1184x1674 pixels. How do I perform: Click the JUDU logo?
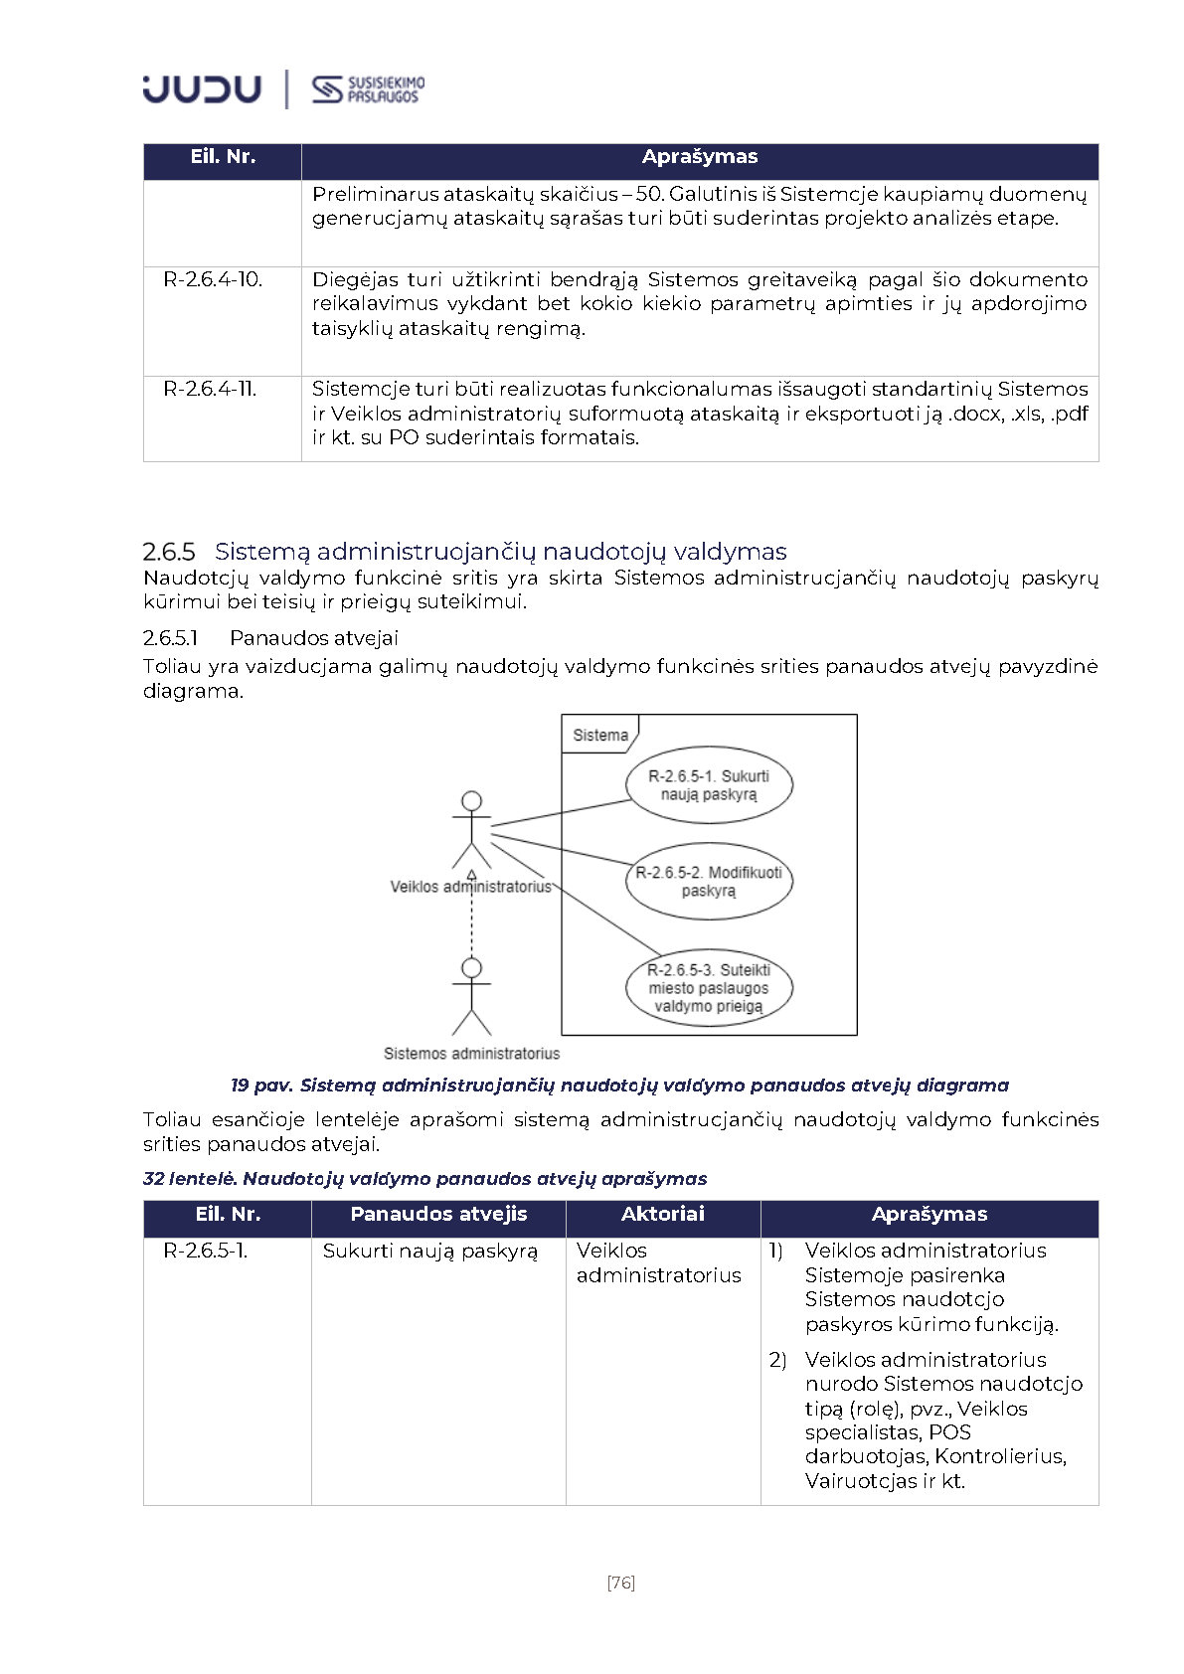pos(202,88)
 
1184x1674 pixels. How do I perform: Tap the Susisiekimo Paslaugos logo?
pos(368,89)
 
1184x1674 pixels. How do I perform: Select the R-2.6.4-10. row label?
pos(213,280)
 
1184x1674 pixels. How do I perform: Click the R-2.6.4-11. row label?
pos(210,390)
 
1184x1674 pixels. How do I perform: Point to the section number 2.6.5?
pos(169,552)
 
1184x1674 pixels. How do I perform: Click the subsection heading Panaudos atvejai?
pos(313,638)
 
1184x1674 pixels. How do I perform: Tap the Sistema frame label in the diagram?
pos(600,736)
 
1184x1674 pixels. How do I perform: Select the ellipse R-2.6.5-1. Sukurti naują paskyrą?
pos(709,785)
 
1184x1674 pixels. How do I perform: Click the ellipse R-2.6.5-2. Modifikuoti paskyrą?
pos(709,882)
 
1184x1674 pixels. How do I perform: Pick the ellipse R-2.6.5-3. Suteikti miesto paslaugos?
pos(709,988)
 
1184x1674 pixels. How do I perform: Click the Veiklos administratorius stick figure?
pos(471,830)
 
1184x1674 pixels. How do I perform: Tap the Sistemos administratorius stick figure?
pos(471,997)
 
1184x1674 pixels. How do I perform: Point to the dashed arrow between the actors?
pos(471,920)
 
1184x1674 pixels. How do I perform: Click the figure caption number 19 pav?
pos(261,1086)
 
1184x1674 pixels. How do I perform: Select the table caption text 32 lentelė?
pos(190,1179)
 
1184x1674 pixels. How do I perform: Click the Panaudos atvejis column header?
pos(438,1215)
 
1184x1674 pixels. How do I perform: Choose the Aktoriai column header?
pos(662,1215)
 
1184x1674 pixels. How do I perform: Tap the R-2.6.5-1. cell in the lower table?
pos(206,1252)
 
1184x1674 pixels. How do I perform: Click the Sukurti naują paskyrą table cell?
pos(429,1252)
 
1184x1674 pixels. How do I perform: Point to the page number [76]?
pos(620,1583)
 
